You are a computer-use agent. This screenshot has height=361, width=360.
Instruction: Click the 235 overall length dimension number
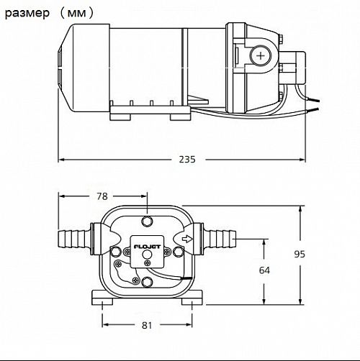pyautogui.click(x=187, y=159)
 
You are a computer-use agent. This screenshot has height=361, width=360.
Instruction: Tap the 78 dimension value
pyautogui.click(x=102, y=196)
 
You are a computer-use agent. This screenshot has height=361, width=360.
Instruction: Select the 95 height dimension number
pyautogui.click(x=300, y=254)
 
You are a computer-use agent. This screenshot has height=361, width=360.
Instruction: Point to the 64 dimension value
pyautogui.click(x=264, y=270)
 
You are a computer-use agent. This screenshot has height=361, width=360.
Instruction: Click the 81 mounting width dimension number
pyautogui.click(x=147, y=325)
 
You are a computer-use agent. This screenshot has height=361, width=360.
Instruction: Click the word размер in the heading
pyautogui.click(x=27, y=13)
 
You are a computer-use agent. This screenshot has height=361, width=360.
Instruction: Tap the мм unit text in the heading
pyautogui.click(x=76, y=13)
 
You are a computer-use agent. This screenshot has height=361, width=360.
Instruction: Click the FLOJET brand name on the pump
pyautogui.click(x=147, y=247)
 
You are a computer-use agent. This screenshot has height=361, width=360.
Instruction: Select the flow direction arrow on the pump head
pyautogui.click(x=187, y=239)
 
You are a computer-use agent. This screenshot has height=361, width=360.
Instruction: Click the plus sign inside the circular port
pyautogui.click(x=261, y=56)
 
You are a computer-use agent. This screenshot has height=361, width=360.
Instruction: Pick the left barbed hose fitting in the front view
pyautogui.click(x=74, y=239)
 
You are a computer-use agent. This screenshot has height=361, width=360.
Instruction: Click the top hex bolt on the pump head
pyautogui.click(x=147, y=221)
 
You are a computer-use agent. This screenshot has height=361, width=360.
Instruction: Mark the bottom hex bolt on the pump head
pyautogui.click(x=147, y=282)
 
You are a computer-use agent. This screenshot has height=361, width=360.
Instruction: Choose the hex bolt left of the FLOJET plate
pyautogui.click(x=116, y=252)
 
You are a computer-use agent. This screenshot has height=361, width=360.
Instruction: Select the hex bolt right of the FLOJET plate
pyautogui.click(x=178, y=252)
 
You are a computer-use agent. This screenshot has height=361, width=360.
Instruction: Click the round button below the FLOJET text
pyautogui.click(x=147, y=255)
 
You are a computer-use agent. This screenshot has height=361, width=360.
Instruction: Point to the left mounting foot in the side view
pyautogui.click(x=120, y=117)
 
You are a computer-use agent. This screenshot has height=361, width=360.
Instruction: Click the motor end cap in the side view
pyautogui.click(x=84, y=68)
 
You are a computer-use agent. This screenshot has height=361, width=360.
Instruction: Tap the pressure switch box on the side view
pyautogui.click(x=293, y=68)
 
